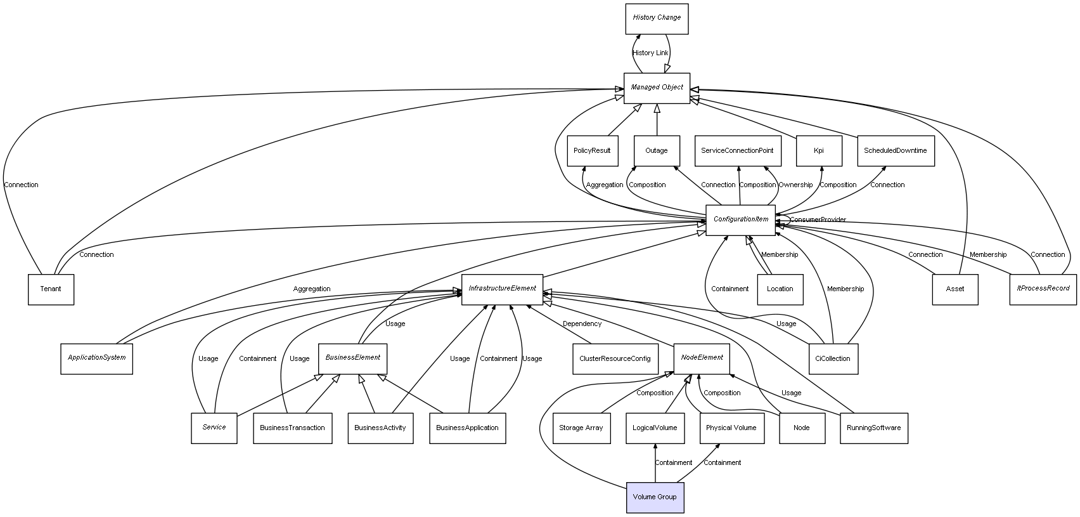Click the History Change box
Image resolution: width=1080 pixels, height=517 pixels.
[x=657, y=18]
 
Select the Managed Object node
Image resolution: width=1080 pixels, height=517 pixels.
[x=657, y=88]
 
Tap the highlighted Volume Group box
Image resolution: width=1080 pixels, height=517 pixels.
[x=655, y=497]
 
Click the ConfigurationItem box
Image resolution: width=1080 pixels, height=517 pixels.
[x=740, y=219]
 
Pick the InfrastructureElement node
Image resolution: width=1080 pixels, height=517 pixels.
[x=502, y=289]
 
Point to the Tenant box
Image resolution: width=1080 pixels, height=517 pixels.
[x=51, y=289]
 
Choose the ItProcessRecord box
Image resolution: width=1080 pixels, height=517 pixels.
[x=1043, y=289]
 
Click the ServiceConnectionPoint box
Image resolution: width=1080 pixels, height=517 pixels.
[x=737, y=151]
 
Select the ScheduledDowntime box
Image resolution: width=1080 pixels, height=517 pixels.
[x=895, y=151]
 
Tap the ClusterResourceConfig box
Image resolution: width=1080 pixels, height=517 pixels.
[x=614, y=359]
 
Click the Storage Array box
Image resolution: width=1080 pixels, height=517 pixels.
[x=581, y=428]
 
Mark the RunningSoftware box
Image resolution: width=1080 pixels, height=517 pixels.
[x=873, y=428]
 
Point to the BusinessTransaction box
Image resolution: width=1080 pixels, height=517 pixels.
[x=292, y=428]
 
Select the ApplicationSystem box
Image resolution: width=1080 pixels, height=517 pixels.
[x=96, y=358]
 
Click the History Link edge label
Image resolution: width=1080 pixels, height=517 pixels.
[x=650, y=53]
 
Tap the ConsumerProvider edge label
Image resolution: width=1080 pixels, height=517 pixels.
[x=818, y=220]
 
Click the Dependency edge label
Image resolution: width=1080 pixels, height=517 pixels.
[x=582, y=324]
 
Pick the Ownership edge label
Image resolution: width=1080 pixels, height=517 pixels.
[x=795, y=185]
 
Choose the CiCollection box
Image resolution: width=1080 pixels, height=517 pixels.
[x=833, y=359]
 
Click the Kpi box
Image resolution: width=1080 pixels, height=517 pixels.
[x=819, y=151]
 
